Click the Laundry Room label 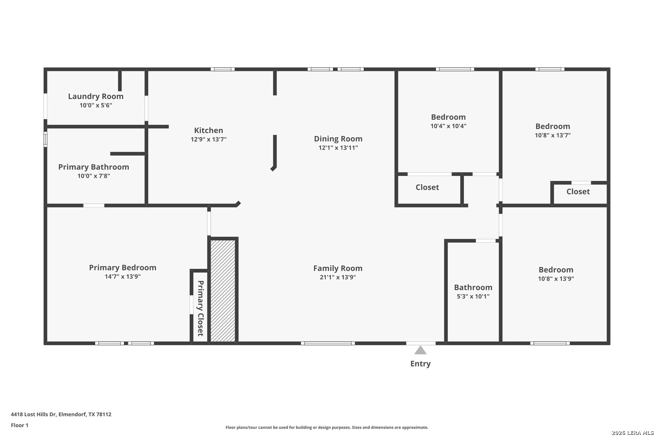click(x=96, y=96)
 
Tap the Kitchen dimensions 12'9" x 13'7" click(x=208, y=139)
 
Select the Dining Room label click(x=338, y=139)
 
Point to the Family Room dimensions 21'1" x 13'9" click(x=338, y=277)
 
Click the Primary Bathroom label click(x=93, y=167)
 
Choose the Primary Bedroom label click(x=123, y=268)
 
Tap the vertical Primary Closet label click(x=200, y=308)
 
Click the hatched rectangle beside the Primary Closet click(x=223, y=291)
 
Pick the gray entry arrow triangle click(x=420, y=350)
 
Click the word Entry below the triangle click(x=420, y=364)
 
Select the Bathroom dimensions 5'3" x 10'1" click(x=473, y=296)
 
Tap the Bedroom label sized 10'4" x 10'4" click(x=448, y=117)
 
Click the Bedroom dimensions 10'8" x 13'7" click(x=553, y=135)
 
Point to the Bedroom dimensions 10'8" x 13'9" click(x=556, y=279)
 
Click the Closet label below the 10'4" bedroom click(x=427, y=187)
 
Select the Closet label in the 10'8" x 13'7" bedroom click(x=578, y=192)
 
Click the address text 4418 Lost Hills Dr click(x=33, y=414)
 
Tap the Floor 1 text click(x=19, y=425)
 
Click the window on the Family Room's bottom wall click(x=328, y=343)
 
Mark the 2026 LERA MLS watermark click(x=632, y=433)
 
